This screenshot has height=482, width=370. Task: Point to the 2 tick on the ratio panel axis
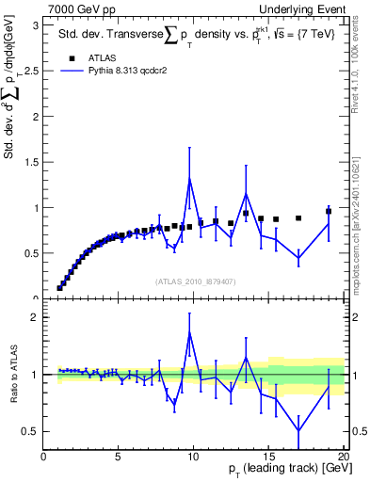[36, 317]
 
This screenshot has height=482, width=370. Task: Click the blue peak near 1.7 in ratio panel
[190, 332]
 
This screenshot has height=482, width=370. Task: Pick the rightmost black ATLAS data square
[329, 212]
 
